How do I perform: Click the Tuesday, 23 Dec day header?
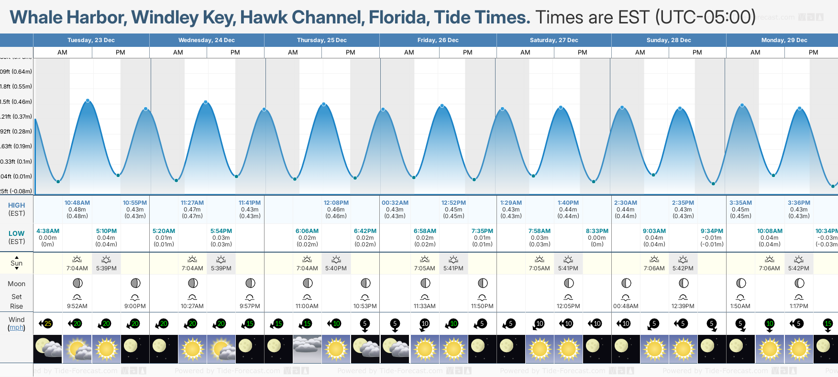point(91,40)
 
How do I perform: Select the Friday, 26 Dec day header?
point(438,40)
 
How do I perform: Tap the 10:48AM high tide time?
point(77,203)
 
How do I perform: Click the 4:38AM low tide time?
point(48,231)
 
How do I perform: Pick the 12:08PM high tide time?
point(336,203)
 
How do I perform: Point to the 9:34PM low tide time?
point(712,231)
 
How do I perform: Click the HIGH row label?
point(16,205)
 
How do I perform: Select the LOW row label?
point(16,233)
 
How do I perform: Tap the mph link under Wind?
point(16,328)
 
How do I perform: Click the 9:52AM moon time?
point(77,306)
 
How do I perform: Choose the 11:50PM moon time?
point(482,306)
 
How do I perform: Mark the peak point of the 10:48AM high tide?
point(88,100)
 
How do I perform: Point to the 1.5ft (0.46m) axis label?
point(16,101)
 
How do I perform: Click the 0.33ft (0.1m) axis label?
point(16,161)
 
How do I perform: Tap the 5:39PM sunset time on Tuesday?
point(106,268)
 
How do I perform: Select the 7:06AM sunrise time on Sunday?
point(654,268)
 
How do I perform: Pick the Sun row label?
point(16,263)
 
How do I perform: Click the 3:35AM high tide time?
point(740,203)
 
